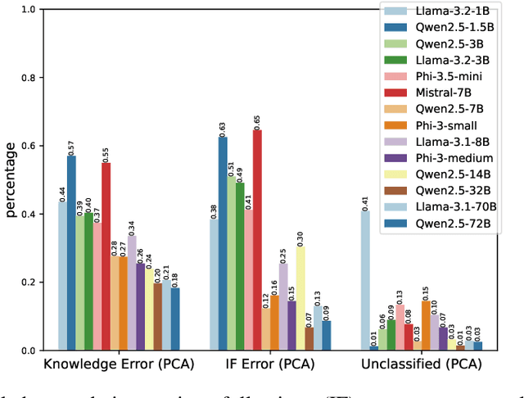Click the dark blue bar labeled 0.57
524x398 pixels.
(71, 253)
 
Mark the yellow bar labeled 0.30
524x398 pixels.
(300, 299)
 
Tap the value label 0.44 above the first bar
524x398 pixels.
(63, 194)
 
